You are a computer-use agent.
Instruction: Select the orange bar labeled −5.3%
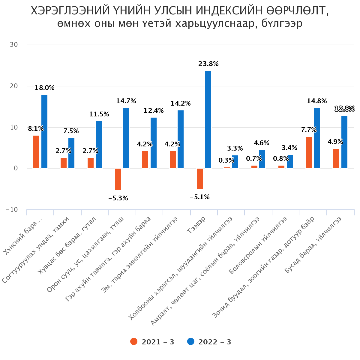(118, 179)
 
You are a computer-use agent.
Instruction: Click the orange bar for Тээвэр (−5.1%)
(200, 178)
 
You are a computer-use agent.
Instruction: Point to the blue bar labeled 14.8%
(317, 138)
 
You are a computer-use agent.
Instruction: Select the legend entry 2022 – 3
(209, 342)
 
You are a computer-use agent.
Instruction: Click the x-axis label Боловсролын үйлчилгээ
(258, 246)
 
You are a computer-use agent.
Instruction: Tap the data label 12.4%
(154, 111)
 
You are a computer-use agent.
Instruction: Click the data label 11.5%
(99, 114)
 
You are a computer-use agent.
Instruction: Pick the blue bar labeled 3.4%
(290, 161)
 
